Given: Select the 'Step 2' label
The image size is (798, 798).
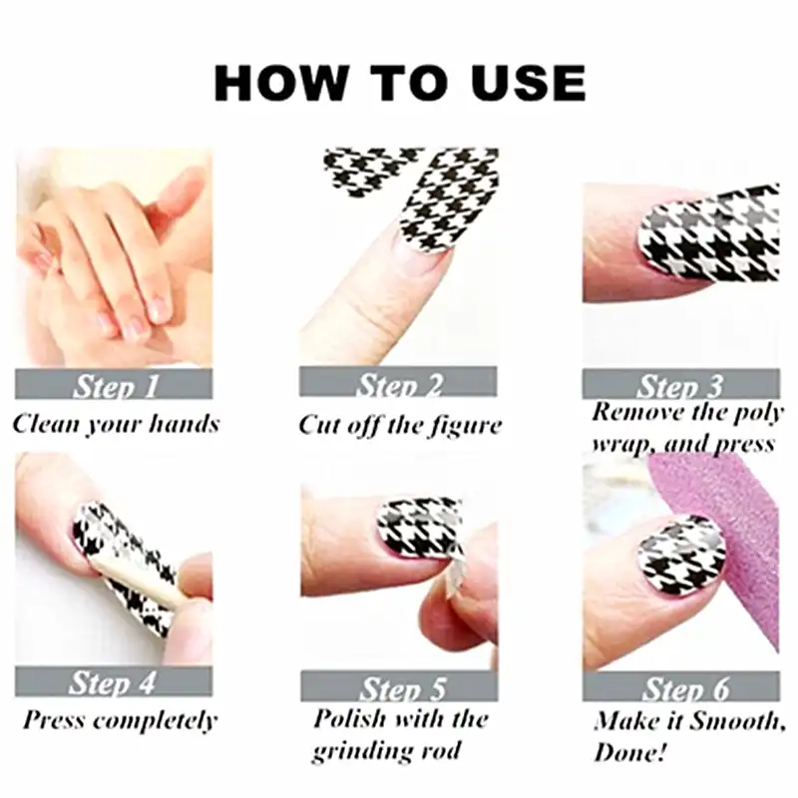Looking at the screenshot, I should click(x=399, y=384).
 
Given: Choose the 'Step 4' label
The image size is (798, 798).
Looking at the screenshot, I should click(x=113, y=683).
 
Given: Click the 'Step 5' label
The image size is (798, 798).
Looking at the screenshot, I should click(x=399, y=687).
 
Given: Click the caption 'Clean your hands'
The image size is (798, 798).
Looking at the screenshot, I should click(x=116, y=424).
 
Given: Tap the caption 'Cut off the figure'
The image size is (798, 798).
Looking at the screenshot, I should click(x=400, y=425).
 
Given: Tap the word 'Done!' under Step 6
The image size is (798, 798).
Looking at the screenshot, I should click(x=633, y=751).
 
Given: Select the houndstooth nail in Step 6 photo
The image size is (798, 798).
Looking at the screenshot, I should click(x=678, y=554).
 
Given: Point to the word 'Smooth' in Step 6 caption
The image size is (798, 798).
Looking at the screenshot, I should click(x=733, y=720).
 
